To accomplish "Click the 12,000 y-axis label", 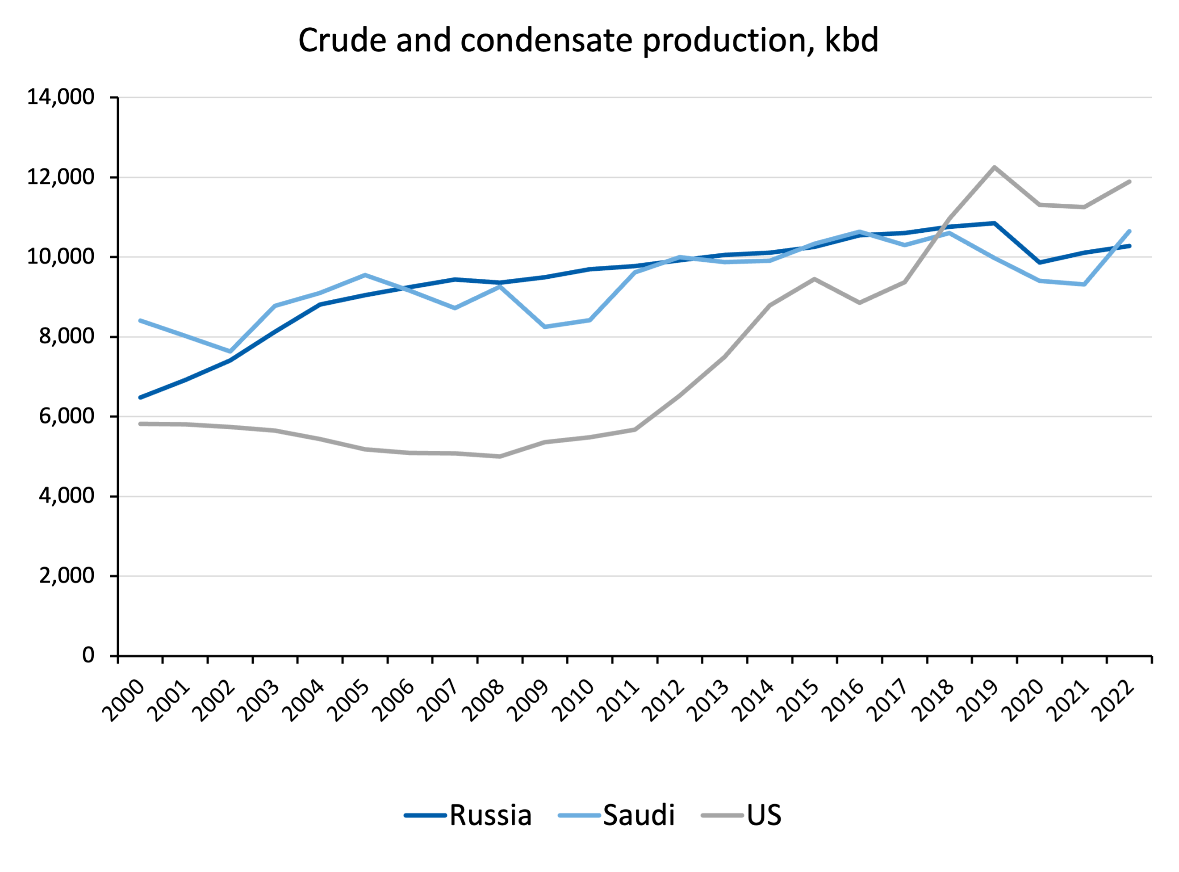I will pyautogui.click(x=60, y=177).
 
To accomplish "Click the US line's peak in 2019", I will pyautogui.click(x=994, y=168).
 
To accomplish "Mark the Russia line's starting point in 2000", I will pyautogui.click(x=140, y=397).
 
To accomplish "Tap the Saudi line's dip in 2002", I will pyautogui.click(x=230, y=351).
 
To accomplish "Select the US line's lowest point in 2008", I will pyautogui.click(x=500, y=456).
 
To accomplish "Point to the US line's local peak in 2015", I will pyautogui.click(x=814, y=279).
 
